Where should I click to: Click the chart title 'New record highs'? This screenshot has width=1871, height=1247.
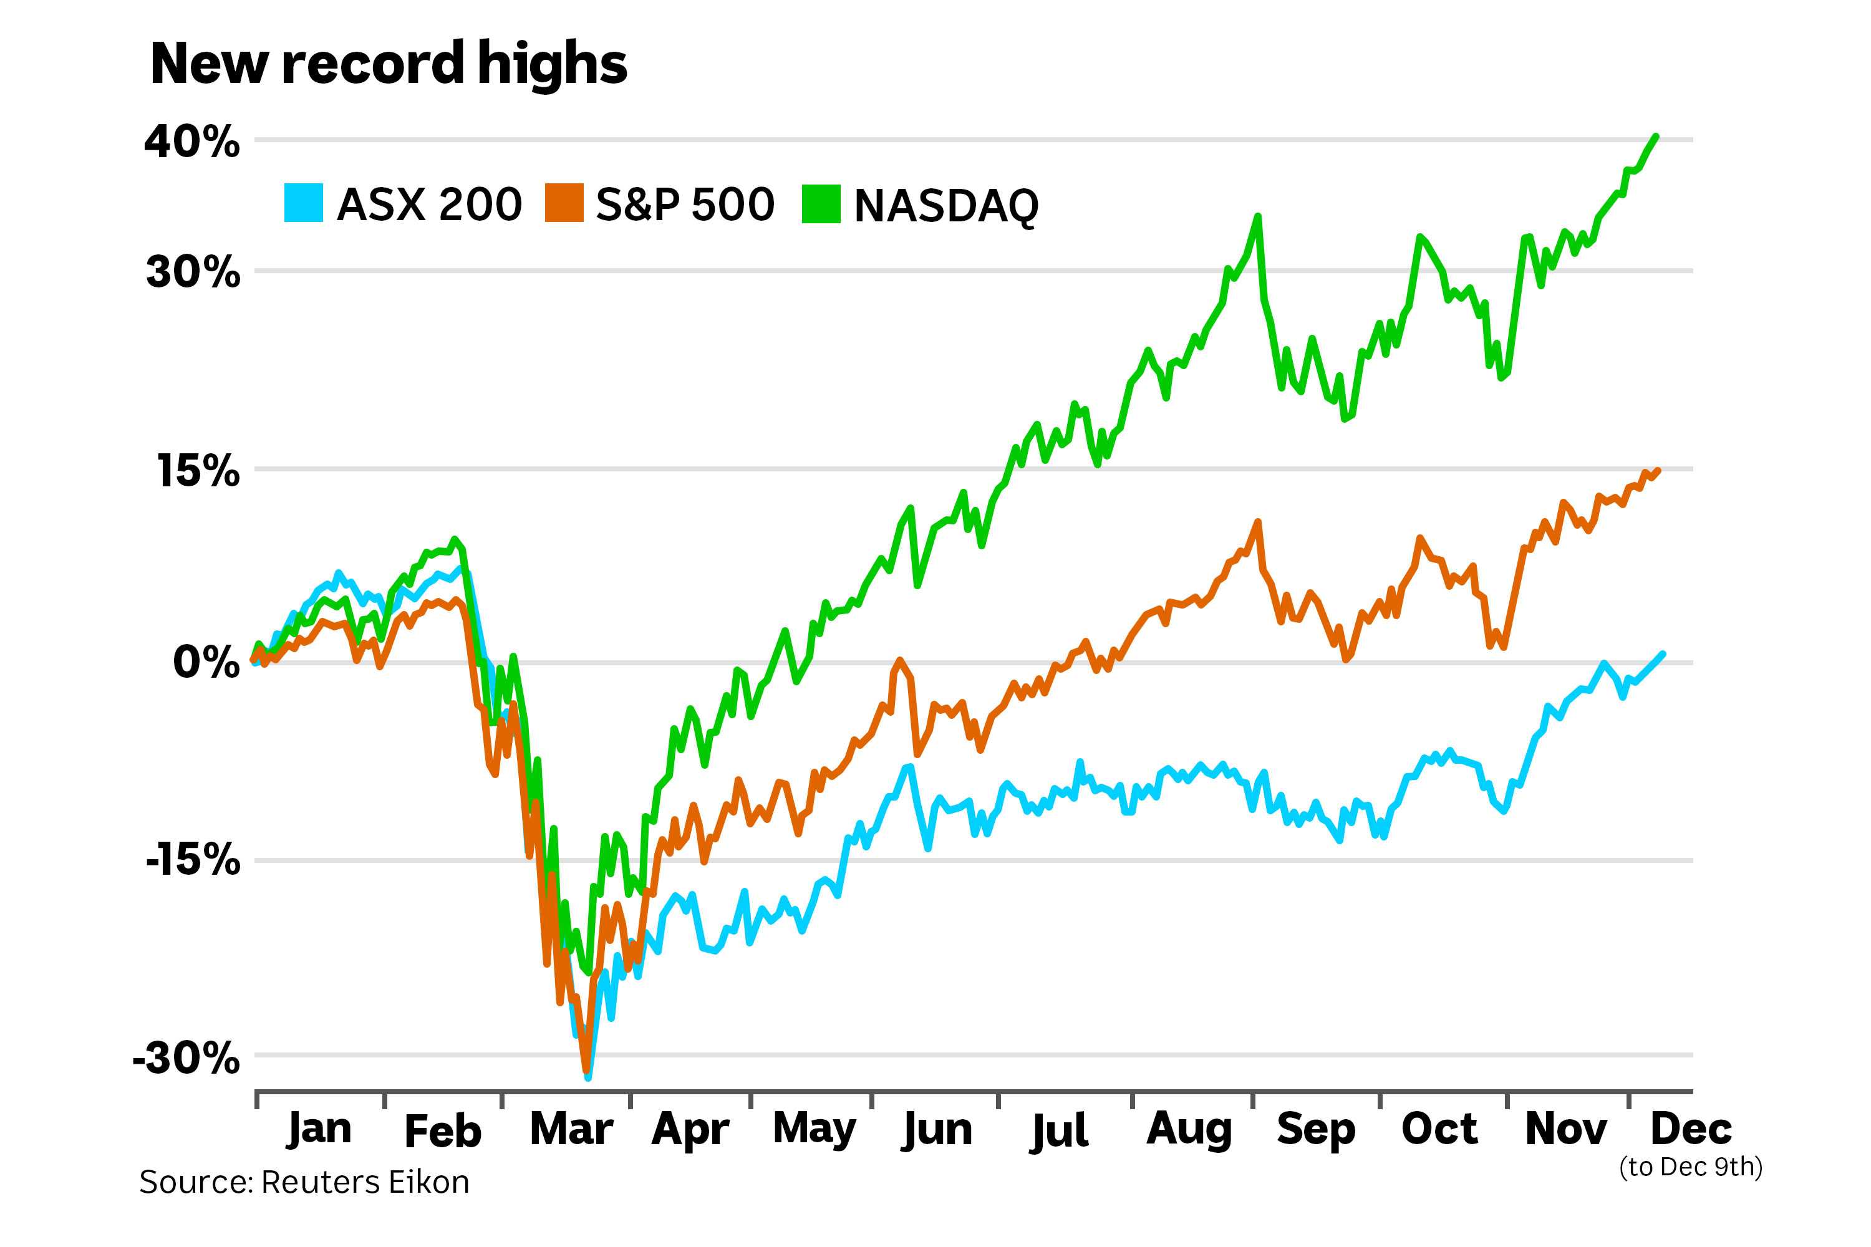tap(388, 64)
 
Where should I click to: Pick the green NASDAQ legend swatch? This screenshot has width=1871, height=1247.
tap(821, 204)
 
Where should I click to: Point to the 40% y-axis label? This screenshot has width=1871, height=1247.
tap(191, 142)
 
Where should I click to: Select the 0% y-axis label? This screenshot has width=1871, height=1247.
tap(206, 662)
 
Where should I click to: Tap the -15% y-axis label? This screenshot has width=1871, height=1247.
tap(193, 859)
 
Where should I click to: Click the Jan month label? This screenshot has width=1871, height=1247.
tap(319, 1129)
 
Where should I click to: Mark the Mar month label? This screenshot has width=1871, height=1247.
tap(571, 1129)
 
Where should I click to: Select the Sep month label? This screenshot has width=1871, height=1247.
tap(1316, 1130)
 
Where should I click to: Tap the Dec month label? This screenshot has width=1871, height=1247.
tap(1691, 1129)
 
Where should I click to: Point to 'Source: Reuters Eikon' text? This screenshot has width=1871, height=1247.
tap(304, 1183)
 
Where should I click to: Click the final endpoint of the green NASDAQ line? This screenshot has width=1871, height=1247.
tap(1656, 137)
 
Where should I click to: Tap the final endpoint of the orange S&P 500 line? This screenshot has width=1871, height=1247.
tap(1658, 470)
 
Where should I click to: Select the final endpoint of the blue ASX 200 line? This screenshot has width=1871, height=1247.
tap(1663, 653)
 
